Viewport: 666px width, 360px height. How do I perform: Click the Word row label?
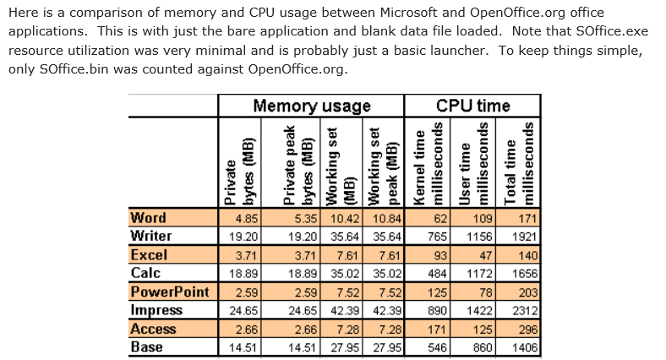click(x=149, y=218)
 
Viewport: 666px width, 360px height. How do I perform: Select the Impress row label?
click(x=157, y=310)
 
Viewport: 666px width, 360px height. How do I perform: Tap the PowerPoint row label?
click(x=170, y=292)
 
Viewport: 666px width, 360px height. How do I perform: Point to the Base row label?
click(x=147, y=346)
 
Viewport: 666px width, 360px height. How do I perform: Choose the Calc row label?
click(x=146, y=273)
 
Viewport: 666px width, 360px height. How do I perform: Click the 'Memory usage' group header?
click(x=312, y=106)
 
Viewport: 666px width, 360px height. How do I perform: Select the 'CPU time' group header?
click(x=472, y=106)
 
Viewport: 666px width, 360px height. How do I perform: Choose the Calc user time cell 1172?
click(x=479, y=274)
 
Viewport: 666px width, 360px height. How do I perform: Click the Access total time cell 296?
click(x=526, y=329)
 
